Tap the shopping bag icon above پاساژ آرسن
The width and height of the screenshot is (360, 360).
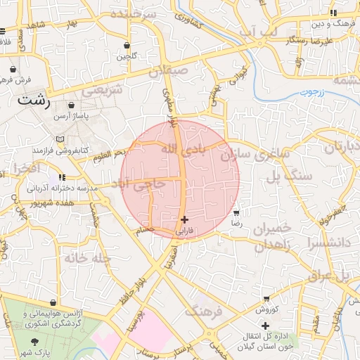72,105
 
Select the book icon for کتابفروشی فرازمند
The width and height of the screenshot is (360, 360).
60,139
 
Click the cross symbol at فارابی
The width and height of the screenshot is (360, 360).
184,219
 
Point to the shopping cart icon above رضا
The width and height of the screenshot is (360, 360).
236,212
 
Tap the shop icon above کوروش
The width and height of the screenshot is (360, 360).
268,298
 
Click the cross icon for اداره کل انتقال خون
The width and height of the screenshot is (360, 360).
265,326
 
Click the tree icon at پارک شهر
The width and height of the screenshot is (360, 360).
34,340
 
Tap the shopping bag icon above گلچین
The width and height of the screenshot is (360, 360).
127,44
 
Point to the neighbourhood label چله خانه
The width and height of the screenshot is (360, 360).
88,257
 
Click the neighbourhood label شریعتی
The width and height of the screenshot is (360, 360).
102,90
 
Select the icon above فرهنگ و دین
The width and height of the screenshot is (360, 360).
335,13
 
